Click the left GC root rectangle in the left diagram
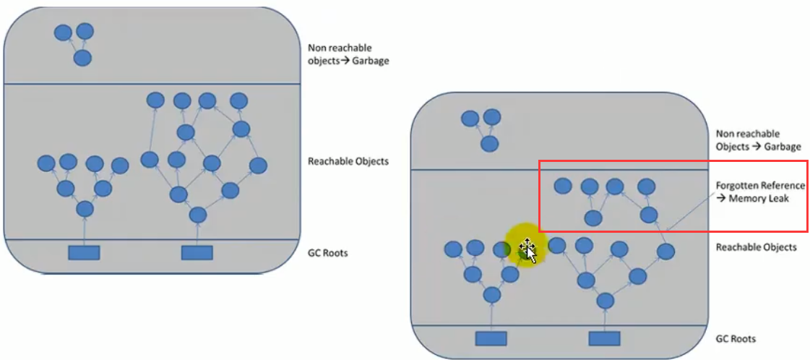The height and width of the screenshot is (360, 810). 84,252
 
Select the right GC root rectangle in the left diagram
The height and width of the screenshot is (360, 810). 197,252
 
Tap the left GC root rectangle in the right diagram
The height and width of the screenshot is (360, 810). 491,338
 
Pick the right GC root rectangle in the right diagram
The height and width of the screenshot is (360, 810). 605,338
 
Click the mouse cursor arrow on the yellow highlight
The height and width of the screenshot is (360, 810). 531,254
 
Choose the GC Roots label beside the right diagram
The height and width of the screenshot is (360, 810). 736,338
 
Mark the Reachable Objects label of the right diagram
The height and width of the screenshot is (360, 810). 756,247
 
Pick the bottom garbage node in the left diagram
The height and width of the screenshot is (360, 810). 83,58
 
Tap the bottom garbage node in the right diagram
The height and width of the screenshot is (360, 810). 490,143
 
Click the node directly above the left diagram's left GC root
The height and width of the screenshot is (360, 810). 85,210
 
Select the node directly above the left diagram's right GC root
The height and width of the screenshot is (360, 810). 197,215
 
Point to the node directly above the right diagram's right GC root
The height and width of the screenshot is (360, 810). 605,300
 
